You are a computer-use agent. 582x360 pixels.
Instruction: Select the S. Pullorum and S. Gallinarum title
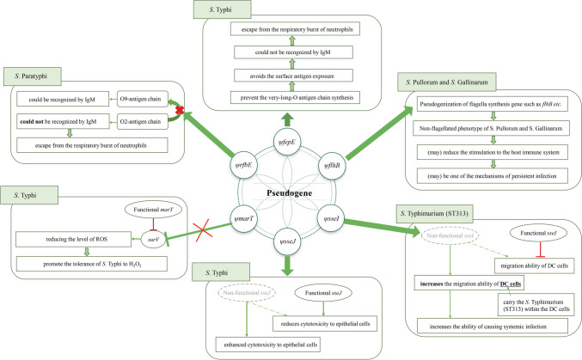447,82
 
